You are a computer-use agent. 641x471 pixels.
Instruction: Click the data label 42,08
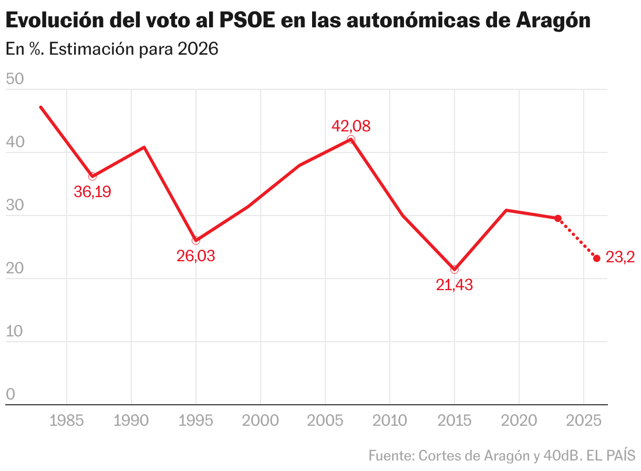coord(351,126)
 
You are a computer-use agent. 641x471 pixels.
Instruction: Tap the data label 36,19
coord(92,192)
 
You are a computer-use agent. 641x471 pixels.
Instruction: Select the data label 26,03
coord(196,257)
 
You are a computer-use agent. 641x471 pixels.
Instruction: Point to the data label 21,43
coord(454,285)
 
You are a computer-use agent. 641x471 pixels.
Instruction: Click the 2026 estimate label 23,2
coord(620,258)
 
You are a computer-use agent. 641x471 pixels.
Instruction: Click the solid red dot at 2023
coord(558,218)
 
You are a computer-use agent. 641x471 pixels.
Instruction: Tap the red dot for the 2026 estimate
coord(596,258)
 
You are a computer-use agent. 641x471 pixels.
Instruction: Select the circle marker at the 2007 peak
coord(351,140)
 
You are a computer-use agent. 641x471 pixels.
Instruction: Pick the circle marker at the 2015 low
coord(454,270)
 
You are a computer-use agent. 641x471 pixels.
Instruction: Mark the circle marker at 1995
coord(196,240)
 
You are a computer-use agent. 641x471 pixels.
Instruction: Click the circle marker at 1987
coord(92,177)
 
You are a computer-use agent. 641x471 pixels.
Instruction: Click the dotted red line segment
coord(577,238)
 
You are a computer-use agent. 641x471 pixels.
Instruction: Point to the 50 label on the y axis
coord(15,80)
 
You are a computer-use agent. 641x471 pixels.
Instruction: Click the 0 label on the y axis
coord(10,395)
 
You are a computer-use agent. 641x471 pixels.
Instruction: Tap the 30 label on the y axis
coord(15,206)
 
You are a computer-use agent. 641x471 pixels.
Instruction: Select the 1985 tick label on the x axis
coord(67,421)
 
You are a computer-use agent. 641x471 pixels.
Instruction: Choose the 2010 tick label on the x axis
coord(389,421)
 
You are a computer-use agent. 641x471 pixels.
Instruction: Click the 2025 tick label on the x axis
coord(583,421)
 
